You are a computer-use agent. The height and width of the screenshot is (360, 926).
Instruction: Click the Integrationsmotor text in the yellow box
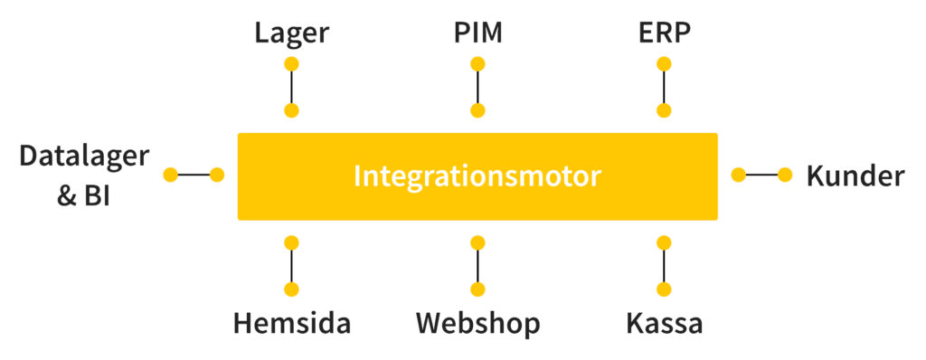pyautogui.click(x=477, y=175)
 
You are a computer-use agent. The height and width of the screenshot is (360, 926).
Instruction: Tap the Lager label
pyautogui.click(x=291, y=33)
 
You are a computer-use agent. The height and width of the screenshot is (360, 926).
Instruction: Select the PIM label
pyautogui.click(x=477, y=33)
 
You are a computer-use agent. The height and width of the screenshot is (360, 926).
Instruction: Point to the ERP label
pyautogui.click(x=665, y=33)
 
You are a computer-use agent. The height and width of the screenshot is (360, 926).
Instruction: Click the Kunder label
pyautogui.click(x=855, y=175)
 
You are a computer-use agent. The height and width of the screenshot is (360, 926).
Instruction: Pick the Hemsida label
pyautogui.click(x=291, y=323)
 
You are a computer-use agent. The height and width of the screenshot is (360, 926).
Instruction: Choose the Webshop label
pyautogui.click(x=477, y=323)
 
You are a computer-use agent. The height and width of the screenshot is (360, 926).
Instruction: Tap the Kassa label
pyautogui.click(x=665, y=323)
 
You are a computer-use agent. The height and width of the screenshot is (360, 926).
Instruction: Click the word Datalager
pyautogui.click(x=84, y=156)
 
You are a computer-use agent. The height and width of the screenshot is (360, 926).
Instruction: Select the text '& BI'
pyautogui.click(x=84, y=195)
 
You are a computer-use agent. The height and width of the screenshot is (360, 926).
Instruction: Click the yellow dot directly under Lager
pyautogui.click(x=291, y=64)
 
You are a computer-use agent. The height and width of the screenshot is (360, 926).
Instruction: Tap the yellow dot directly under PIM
pyautogui.click(x=477, y=64)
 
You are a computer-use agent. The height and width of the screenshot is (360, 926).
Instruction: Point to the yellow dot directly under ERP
pyautogui.click(x=665, y=64)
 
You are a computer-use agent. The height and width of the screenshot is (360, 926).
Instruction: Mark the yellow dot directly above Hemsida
pyautogui.click(x=291, y=289)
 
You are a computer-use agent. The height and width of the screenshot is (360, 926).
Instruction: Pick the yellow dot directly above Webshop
pyautogui.click(x=477, y=289)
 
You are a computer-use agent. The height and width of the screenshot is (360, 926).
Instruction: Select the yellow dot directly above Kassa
pyautogui.click(x=665, y=289)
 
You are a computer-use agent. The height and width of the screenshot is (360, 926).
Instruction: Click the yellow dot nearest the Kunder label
pyautogui.click(x=785, y=175)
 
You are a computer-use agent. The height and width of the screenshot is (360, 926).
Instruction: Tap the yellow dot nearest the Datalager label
pyautogui.click(x=170, y=175)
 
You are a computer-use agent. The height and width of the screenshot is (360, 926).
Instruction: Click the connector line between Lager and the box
pyautogui.click(x=291, y=88)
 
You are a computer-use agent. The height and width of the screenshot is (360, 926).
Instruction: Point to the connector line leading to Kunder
pyautogui.click(x=761, y=175)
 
